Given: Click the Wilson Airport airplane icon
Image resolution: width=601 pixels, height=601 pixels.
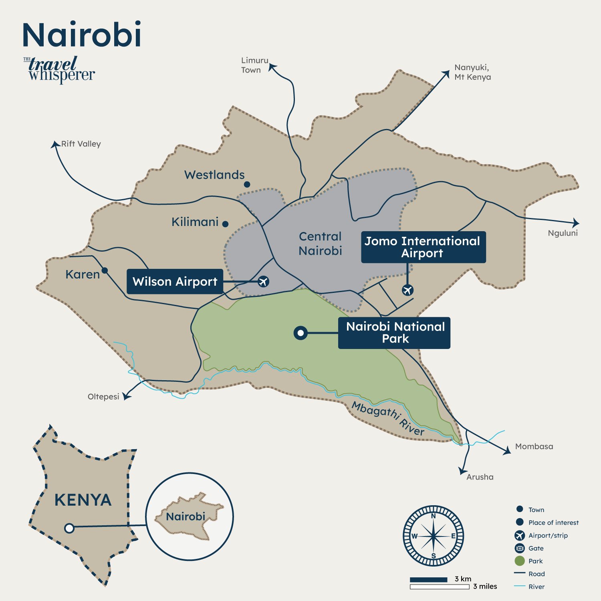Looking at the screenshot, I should tap(263, 282).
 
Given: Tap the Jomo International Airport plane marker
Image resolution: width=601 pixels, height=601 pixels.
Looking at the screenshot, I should tap(407, 290).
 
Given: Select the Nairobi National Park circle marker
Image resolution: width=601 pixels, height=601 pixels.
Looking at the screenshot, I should tap(300, 333).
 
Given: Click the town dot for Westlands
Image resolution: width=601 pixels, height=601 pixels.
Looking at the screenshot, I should tap(247, 184).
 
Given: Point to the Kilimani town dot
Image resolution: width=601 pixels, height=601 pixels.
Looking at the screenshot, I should tap(225, 224).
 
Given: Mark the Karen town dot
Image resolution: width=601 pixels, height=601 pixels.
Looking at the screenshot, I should tap(105, 270).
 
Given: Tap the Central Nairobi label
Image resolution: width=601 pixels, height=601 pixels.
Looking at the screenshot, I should tap(320, 244).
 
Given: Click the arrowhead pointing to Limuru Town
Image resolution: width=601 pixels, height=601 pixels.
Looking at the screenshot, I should tap(272, 67).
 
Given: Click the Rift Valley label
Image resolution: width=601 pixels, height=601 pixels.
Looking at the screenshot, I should tap(81, 144).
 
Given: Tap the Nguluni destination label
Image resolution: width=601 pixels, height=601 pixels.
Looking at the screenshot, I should tap(563, 233).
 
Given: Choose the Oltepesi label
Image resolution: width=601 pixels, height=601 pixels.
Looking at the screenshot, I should tap(103, 397).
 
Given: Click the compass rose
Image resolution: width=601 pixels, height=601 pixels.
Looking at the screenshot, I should tap(433, 536).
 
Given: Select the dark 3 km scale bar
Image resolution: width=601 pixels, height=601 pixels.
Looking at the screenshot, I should tap(428, 580).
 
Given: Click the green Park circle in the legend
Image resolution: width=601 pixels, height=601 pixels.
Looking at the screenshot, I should tap(520, 561).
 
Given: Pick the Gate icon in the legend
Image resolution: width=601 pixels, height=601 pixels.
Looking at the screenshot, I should tap(520, 548).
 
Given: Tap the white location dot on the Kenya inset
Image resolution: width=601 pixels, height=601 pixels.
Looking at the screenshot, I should tap(69, 528).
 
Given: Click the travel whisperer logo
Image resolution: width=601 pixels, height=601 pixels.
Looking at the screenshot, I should tap(59, 70).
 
